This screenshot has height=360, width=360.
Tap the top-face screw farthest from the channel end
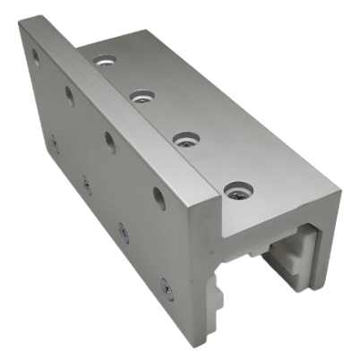click(104, 61)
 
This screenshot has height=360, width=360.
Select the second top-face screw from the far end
click(141, 94)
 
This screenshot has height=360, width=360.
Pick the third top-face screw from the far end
click(185, 138)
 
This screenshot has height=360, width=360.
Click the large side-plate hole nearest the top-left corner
click(36, 56)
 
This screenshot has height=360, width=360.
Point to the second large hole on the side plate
click(69, 94)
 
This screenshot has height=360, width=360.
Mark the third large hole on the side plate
click(109, 140)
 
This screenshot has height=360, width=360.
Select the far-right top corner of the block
click(339, 189)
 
